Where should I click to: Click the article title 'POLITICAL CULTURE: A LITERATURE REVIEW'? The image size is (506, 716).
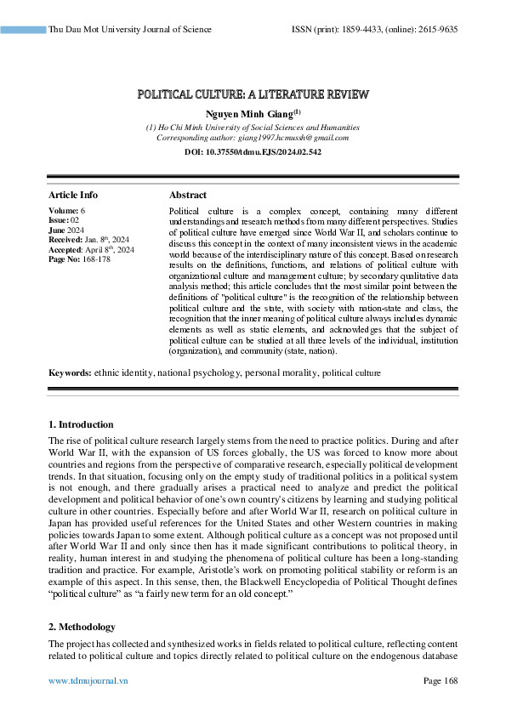tap(253, 94)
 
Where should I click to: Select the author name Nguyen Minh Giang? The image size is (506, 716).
tap(250, 113)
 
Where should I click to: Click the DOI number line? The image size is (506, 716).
tap(253, 151)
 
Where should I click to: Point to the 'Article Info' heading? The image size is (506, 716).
tap(73, 195)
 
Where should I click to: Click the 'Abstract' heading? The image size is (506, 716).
tap(188, 195)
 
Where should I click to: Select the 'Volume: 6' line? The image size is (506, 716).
tap(67, 209)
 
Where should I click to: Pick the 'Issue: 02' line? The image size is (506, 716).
tap(64, 219)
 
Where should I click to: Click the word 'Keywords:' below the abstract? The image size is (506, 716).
tap(70, 372)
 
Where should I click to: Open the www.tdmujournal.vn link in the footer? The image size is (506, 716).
tap(88, 681)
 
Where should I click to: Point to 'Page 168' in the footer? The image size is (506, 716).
tap(440, 681)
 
